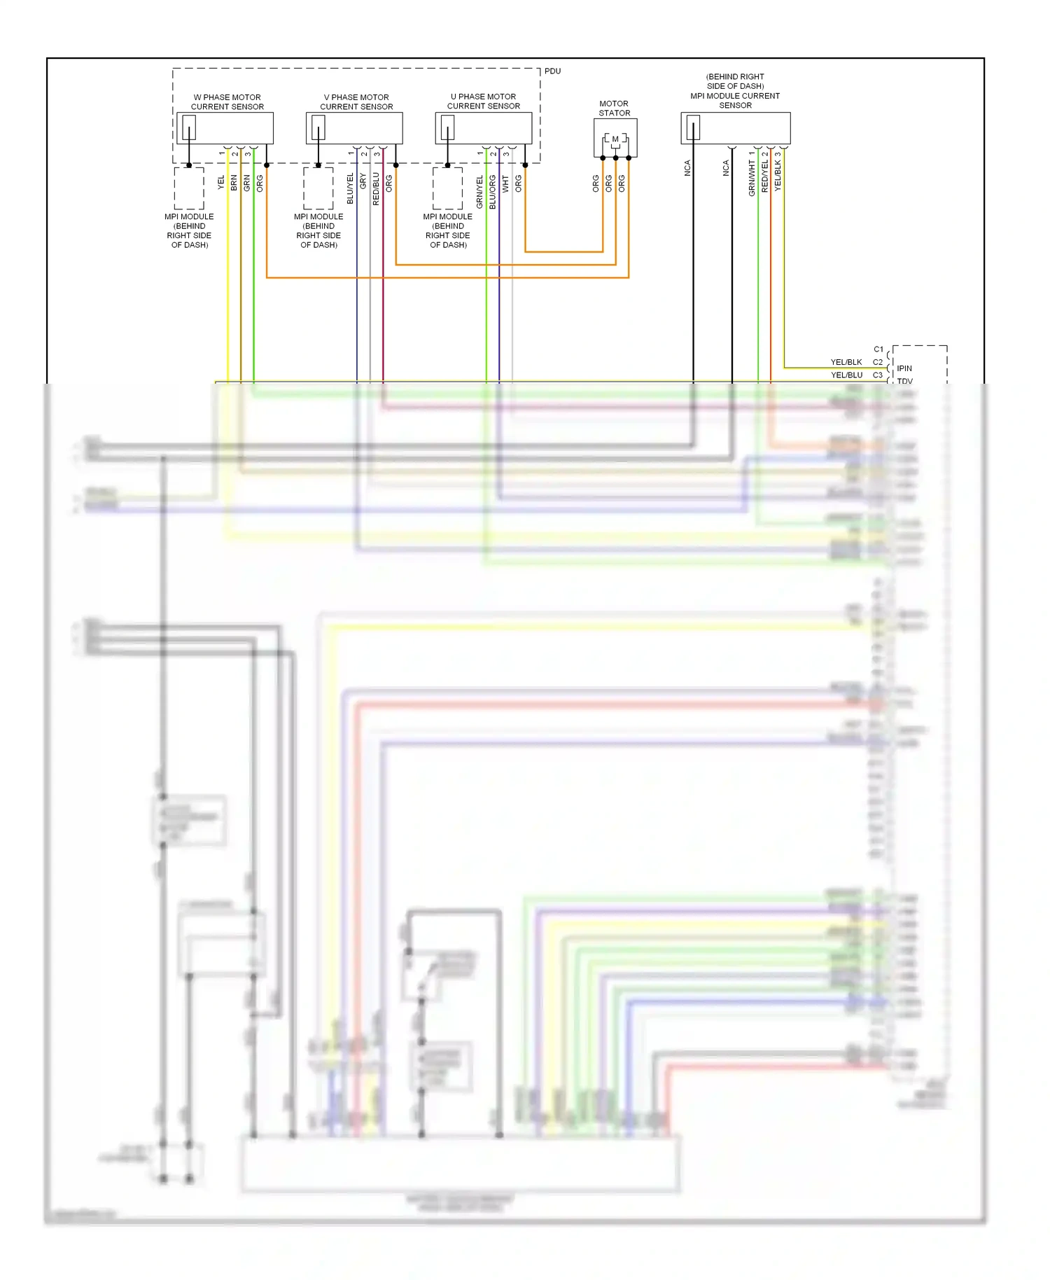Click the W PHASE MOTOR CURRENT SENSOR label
[x=227, y=102]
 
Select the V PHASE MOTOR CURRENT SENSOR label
[x=356, y=102]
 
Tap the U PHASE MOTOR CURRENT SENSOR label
[x=484, y=102]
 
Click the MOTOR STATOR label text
[x=614, y=108]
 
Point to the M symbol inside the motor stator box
[x=615, y=139]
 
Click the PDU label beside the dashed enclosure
[x=552, y=71]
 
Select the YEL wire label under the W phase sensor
[x=221, y=182]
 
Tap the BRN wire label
[x=234, y=183]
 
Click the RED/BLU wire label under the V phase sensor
[x=376, y=188]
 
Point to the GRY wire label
[x=363, y=181]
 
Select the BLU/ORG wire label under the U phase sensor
[x=492, y=191]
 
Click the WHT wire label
[x=505, y=184]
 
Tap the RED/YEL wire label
[x=765, y=176]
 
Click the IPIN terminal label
[x=904, y=368]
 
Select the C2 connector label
[x=878, y=362]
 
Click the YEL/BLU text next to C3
[x=846, y=375]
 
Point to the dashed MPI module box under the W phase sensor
[x=189, y=188]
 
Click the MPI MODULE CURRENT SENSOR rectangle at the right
[x=735, y=128]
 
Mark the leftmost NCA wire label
[x=687, y=168]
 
